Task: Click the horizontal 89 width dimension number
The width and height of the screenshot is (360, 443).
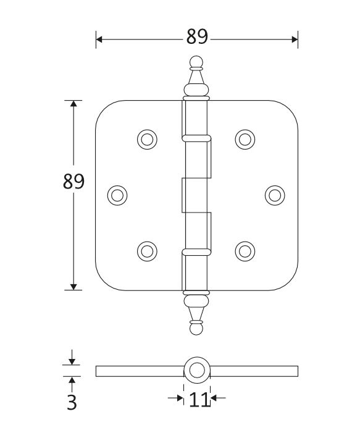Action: coord(197,38)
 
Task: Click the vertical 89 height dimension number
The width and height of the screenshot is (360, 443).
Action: coord(73,182)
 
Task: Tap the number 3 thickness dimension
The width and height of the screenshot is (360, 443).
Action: coord(72,403)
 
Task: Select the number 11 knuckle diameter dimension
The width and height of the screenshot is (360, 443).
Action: coord(198,400)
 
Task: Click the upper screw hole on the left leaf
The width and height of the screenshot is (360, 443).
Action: coord(146,140)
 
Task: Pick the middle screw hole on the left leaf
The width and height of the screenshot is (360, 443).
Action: coord(117,195)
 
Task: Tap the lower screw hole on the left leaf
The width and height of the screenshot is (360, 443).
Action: coord(146,250)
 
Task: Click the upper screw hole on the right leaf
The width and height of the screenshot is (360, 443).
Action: coord(245,140)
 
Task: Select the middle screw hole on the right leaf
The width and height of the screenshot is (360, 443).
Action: coord(275,195)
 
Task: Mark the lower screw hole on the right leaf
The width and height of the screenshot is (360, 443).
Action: coord(245,250)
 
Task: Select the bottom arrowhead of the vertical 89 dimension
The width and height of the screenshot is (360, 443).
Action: coord(73,285)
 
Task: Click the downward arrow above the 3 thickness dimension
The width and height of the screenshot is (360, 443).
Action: coord(72,361)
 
